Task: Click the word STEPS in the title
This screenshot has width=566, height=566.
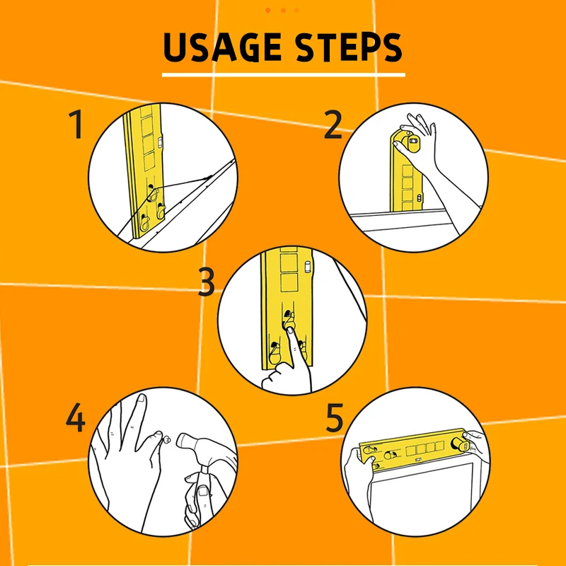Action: [x=349, y=47]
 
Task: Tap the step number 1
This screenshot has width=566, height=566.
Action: [x=76, y=125]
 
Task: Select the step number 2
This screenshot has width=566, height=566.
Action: [x=333, y=125]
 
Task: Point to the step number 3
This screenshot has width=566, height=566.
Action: [x=207, y=282]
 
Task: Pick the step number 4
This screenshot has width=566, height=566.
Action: [x=76, y=417]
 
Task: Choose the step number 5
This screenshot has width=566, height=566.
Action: [x=334, y=417]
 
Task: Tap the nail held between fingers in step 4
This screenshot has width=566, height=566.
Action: [x=167, y=439]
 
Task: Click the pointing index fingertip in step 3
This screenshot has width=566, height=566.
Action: [x=290, y=330]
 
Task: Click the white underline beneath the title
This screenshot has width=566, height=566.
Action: [x=284, y=75]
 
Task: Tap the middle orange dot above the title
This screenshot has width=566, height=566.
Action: [x=284, y=10]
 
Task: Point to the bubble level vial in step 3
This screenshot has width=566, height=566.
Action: [x=308, y=267]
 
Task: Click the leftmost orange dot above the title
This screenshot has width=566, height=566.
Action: [x=268, y=10]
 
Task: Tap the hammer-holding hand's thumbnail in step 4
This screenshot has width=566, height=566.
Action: [x=202, y=491]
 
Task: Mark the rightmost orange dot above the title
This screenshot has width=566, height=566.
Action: [x=296, y=10]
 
